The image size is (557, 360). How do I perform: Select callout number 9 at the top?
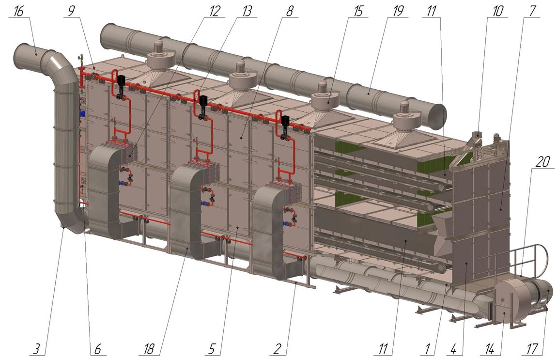tap(71, 11)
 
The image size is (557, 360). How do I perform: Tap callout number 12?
tap(215, 11)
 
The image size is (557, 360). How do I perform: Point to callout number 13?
tap(247, 11)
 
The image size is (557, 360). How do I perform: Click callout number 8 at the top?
tap(290, 11)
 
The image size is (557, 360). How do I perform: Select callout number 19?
tap(398, 11)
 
